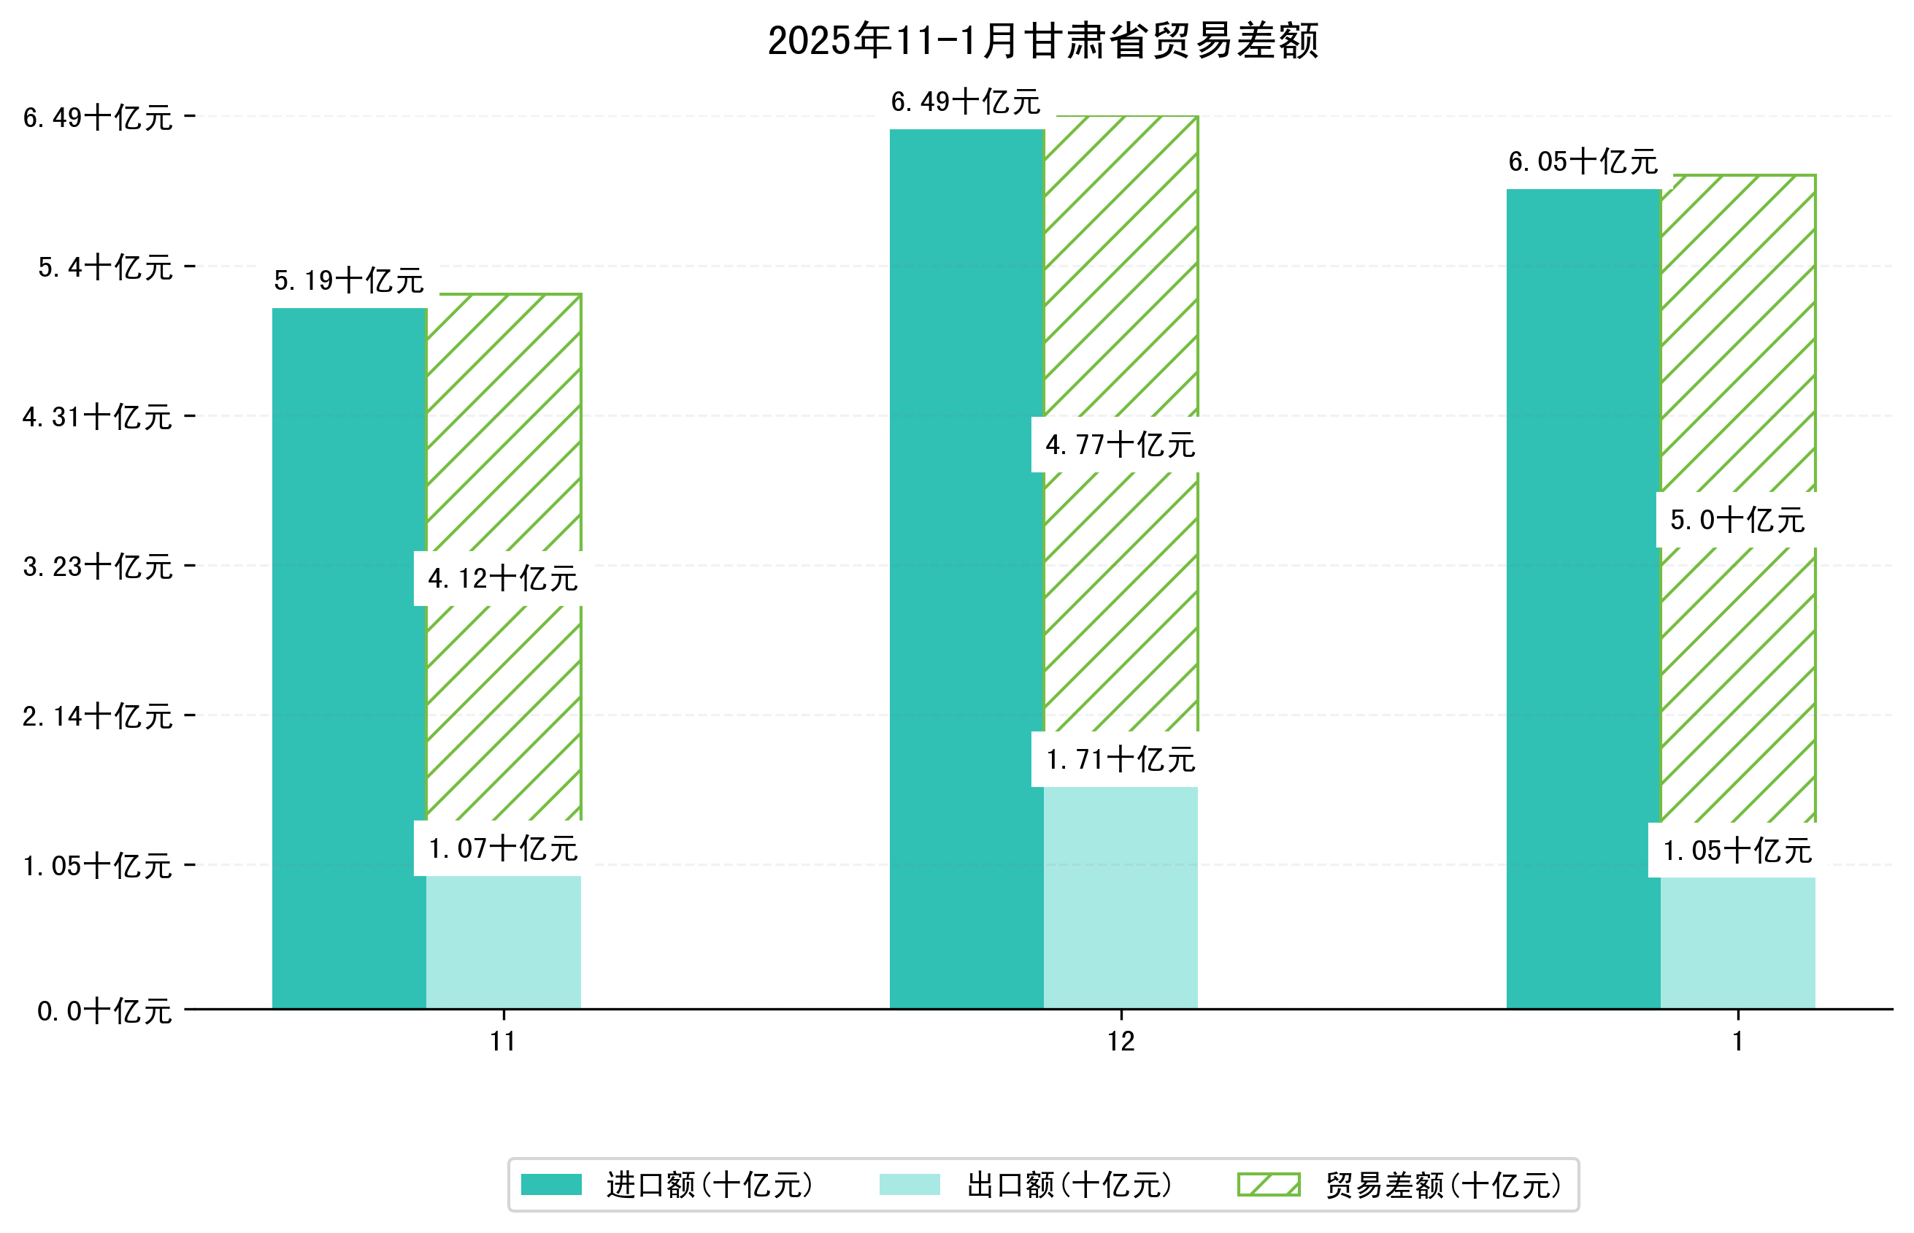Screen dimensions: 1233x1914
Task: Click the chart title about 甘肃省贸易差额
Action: (1042, 41)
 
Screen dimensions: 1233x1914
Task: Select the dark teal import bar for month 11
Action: (349, 656)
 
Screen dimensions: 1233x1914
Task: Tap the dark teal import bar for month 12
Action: (966, 569)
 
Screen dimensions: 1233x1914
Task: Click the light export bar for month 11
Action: (504, 942)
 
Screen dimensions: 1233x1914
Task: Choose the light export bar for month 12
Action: (1120, 897)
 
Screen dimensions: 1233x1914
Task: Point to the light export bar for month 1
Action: (1737, 942)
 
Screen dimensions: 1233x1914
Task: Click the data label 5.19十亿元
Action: (349, 281)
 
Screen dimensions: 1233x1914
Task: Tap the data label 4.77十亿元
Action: (1120, 445)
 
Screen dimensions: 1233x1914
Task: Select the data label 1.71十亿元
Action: (1120, 760)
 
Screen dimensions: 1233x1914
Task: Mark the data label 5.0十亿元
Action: (1737, 521)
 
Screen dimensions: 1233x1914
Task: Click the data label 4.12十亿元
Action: (503, 579)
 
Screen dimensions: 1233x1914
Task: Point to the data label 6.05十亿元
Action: (1583, 162)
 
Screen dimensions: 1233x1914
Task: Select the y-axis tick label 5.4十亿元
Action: (105, 267)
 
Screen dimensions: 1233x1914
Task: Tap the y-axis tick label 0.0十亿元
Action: (104, 1011)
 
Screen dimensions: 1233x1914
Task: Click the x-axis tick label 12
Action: (1120, 1042)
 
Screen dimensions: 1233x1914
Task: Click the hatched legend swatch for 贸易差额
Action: (1268, 1185)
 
